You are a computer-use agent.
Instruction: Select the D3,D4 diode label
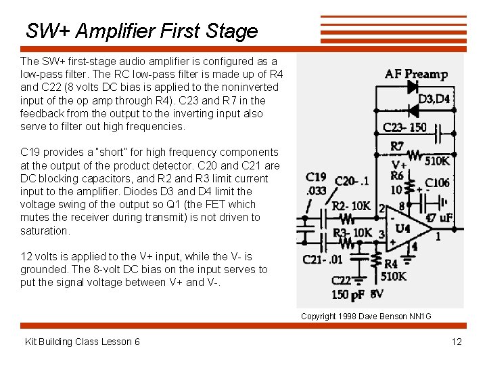coord(434,99)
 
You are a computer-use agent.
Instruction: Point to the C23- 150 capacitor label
coord(404,127)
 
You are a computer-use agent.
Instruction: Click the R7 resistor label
coord(397,146)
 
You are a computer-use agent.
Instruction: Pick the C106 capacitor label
coord(437,182)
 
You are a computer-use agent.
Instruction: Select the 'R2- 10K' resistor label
coord(352,205)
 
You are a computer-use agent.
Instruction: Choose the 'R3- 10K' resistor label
coord(352,232)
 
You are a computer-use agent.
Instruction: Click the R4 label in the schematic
coord(390,264)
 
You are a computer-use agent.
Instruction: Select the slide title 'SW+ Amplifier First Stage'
coord(142,31)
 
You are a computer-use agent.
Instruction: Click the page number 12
coord(457,341)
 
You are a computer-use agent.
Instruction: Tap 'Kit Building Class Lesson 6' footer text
coord(83,341)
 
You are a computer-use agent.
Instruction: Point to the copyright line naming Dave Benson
coord(366,316)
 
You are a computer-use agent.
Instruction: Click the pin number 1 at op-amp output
coord(438,237)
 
